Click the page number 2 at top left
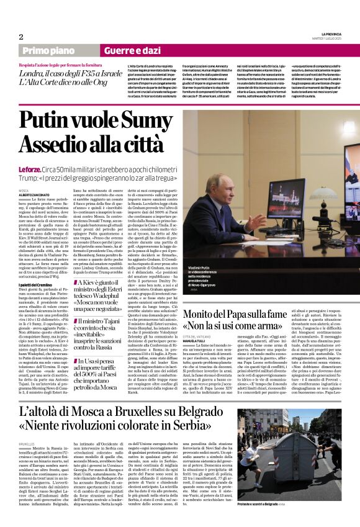21,37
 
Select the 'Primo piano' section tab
49,50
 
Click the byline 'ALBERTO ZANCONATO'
35,195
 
